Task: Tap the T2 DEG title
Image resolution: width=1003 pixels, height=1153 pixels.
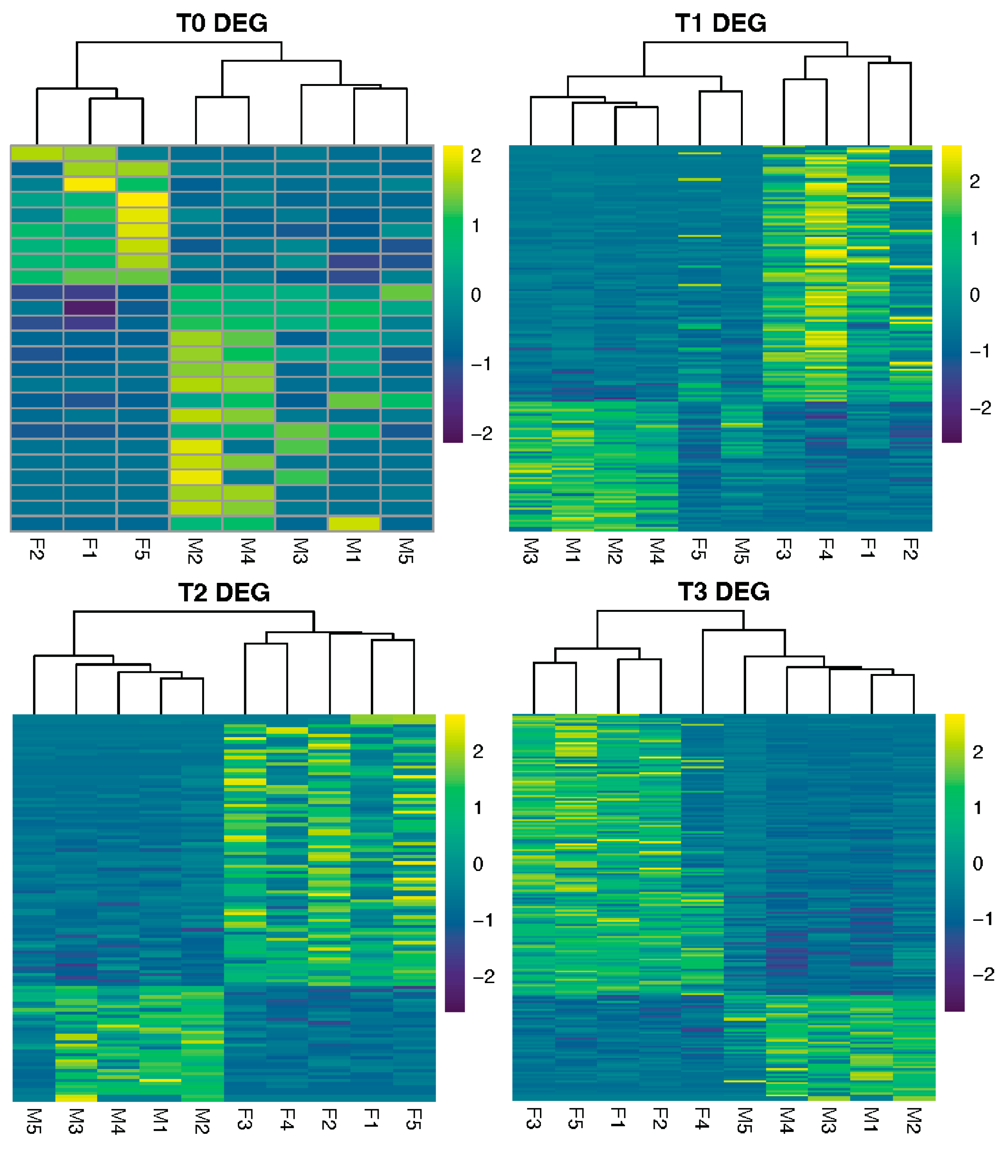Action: point(224,593)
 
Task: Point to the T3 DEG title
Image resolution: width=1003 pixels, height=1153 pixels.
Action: point(723,592)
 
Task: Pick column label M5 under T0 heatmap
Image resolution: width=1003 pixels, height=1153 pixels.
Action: point(406,551)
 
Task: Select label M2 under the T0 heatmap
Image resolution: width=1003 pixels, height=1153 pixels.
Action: point(195,551)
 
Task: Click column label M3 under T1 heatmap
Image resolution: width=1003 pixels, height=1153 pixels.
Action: point(531,551)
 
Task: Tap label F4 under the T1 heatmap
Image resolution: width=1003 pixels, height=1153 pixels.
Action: point(826,549)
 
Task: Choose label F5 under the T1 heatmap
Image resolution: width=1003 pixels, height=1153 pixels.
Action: point(699,549)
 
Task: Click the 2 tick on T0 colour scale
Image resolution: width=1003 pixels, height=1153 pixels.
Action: point(476,156)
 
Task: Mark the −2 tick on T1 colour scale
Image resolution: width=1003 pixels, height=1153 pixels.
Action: point(980,408)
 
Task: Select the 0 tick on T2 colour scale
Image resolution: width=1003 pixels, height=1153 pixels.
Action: point(478,865)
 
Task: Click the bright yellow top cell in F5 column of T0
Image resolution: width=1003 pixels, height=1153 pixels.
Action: point(143,199)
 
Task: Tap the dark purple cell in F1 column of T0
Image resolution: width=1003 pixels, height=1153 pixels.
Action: point(90,308)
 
